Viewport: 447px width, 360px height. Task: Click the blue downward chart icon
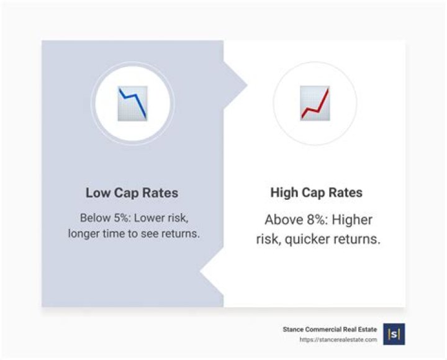[x=132, y=103]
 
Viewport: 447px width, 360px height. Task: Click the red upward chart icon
[x=315, y=103]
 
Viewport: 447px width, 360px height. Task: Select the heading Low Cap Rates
[x=132, y=193]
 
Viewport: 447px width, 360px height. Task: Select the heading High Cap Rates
[x=317, y=193]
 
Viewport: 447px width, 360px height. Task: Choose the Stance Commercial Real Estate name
[x=329, y=330]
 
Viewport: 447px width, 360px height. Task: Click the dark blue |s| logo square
[x=394, y=334]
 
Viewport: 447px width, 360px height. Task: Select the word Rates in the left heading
[x=160, y=193]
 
